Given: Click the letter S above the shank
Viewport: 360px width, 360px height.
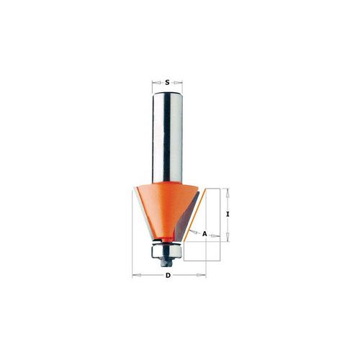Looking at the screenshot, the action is click(x=167, y=83).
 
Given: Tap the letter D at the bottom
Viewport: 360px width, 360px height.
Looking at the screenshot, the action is click(x=168, y=275).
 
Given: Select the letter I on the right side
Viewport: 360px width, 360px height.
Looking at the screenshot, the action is click(x=228, y=215).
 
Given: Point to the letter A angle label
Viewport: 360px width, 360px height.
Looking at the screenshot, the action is click(x=204, y=233).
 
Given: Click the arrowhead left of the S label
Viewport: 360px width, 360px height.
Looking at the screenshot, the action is click(x=157, y=83).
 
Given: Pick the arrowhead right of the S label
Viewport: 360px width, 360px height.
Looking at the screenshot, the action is click(x=178, y=83).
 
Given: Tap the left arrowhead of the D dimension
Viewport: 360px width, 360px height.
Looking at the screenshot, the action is click(x=137, y=275).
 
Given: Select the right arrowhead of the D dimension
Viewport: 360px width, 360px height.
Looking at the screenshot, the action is click(x=201, y=275).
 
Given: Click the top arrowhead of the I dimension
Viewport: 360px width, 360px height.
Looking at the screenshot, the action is click(x=228, y=193).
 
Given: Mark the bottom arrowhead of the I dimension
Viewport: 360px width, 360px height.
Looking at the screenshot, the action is click(x=228, y=237).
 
